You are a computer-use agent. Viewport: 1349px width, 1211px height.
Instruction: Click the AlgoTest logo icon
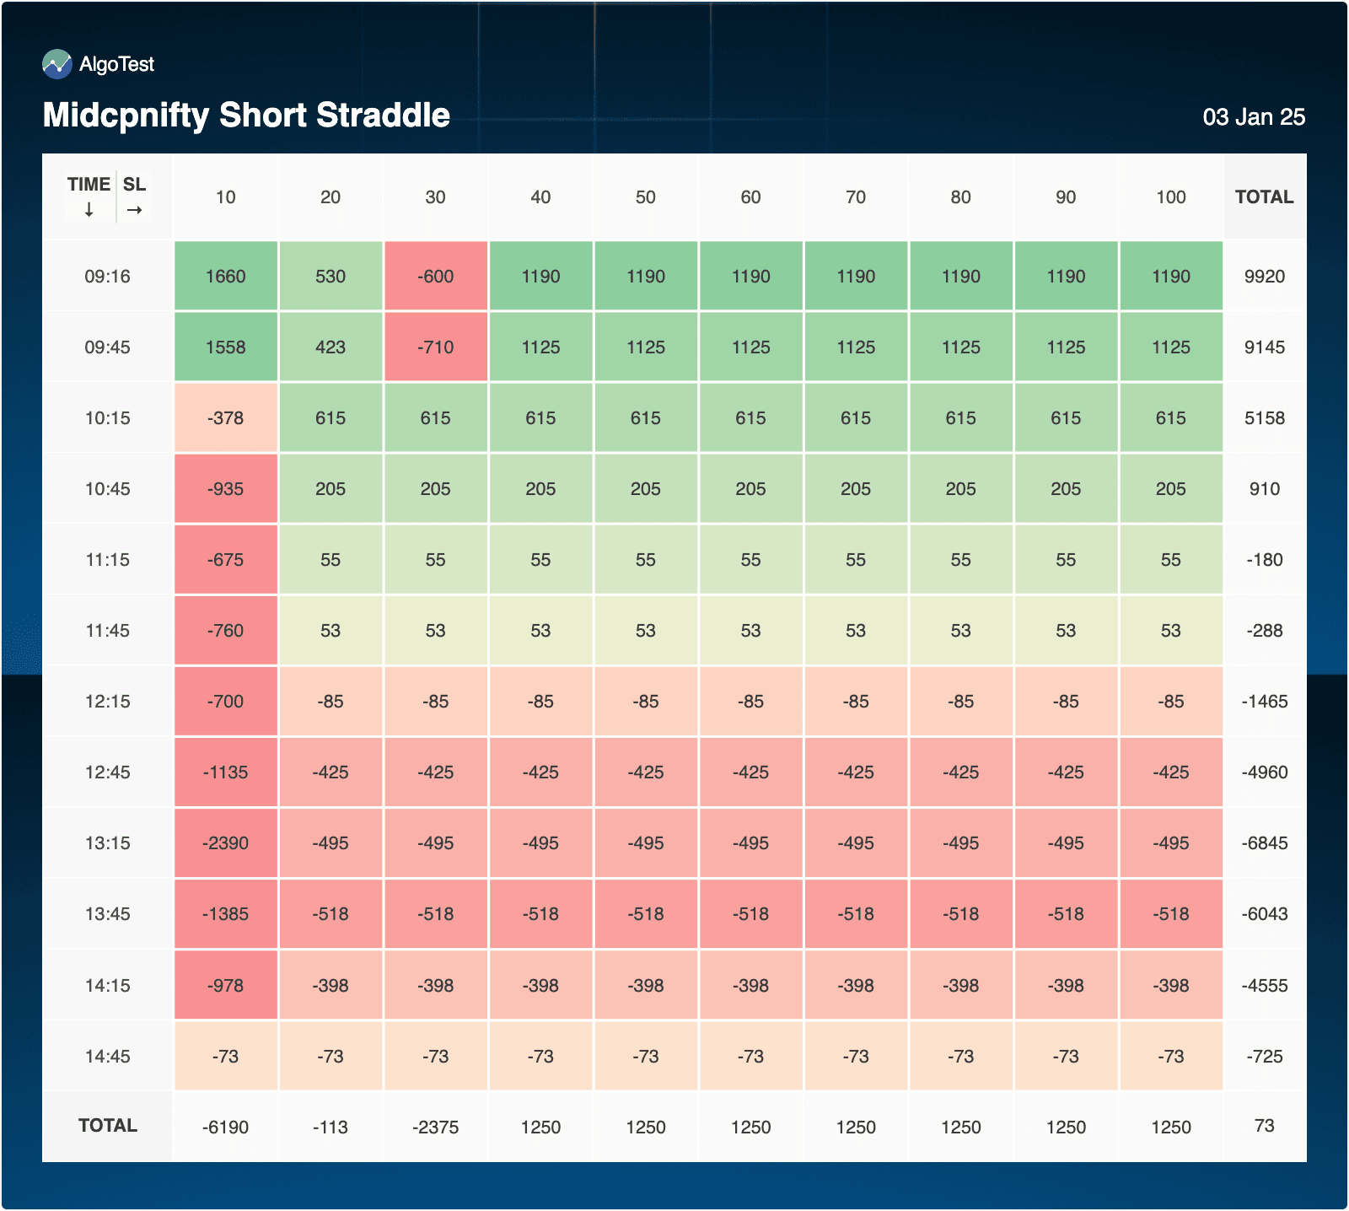pos(57,64)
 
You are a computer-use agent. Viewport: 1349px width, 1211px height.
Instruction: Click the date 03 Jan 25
pos(1253,117)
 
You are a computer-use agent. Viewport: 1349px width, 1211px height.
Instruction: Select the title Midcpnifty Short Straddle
pos(246,116)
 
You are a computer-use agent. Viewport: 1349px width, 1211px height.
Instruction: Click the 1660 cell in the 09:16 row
pos(225,277)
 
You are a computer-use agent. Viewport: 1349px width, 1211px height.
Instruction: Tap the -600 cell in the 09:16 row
pos(435,277)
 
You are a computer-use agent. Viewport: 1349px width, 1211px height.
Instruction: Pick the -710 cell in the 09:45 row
pos(435,347)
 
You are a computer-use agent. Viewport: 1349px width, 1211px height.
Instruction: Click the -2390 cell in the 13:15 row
pos(225,843)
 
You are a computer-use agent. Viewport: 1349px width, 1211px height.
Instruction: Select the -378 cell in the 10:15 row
pos(225,418)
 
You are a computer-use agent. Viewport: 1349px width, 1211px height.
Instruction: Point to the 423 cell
pos(331,347)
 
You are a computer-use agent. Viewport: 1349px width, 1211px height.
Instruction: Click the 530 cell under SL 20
pos(331,277)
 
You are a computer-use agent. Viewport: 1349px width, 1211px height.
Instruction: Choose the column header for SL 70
pos(855,197)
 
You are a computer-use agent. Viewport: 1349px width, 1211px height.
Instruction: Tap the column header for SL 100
pos(1170,197)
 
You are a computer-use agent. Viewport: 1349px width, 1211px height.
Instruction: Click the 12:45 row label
pos(107,772)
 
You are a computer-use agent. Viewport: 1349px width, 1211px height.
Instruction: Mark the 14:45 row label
pos(107,1057)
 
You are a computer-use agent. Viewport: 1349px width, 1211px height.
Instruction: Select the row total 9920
pos(1264,277)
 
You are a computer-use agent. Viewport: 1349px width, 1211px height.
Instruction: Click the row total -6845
pos(1264,843)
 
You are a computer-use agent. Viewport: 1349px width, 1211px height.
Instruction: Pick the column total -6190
pos(225,1128)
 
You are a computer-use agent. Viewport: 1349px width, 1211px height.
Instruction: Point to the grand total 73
pos(1264,1126)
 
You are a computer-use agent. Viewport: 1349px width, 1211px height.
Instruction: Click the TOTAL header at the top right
pos(1264,197)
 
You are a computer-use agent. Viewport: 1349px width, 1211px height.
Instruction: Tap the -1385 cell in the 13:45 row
pos(225,914)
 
